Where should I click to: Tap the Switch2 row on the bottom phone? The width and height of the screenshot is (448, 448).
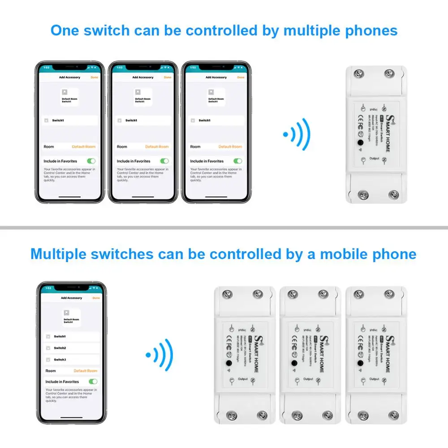click(71, 348)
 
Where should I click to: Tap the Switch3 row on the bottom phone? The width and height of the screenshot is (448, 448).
click(71, 360)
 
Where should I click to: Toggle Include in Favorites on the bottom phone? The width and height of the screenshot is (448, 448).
click(93, 382)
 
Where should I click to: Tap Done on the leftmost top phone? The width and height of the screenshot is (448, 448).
click(94, 77)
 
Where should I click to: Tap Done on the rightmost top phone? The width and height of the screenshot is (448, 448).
click(241, 77)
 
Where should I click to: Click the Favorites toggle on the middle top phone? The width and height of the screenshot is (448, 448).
click(164, 161)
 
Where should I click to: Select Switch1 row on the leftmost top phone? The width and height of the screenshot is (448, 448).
click(70, 121)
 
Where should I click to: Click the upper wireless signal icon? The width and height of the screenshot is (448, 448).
click(297, 134)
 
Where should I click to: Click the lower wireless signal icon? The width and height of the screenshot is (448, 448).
click(160, 355)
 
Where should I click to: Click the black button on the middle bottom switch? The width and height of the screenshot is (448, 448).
click(294, 363)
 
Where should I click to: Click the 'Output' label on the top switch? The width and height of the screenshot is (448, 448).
click(374, 158)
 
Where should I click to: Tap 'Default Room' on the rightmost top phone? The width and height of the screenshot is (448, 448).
click(230, 146)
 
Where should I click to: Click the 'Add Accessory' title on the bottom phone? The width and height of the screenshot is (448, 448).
click(72, 298)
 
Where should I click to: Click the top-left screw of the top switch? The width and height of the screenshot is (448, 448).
click(358, 74)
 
